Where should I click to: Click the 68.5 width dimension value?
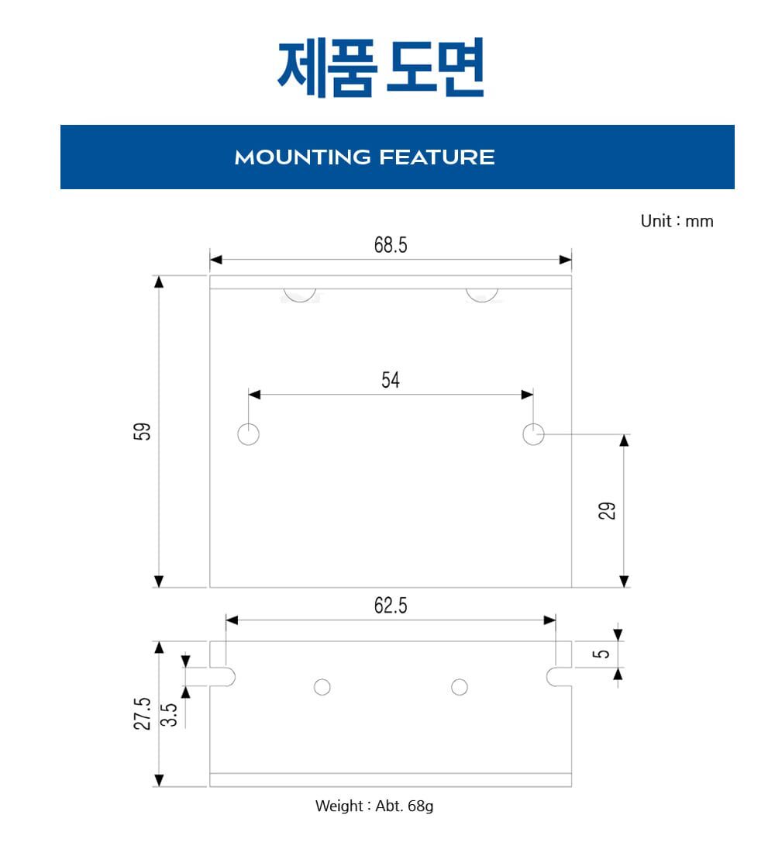pyautogui.click(x=391, y=245)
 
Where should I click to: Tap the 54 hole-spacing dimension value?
pyautogui.click(x=391, y=380)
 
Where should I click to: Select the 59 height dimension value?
pyautogui.click(x=142, y=431)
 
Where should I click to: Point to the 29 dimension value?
pyautogui.click(x=607, y=511)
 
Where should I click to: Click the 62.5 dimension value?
pyautogui.click(x=391, y=605)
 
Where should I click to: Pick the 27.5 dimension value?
pyautogui.click(x=142, y=713)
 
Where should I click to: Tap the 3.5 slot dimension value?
pyautogui.click(x=169, y=715)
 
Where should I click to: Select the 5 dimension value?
pyautogui.click(x=601, y=654)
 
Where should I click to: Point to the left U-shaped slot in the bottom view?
pyautogui.click(x=234, y=677)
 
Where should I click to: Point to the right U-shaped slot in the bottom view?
pyautogui.click(x=547, y=677)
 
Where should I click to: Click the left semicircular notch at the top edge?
pyautogui.click(x=300, y=301)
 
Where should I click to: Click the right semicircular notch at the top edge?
pyautogui.click(x=482, y=301)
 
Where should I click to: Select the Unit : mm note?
pyautogui.click(x=677, y=221)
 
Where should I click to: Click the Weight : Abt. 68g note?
pyautogui.click(x=374, y=806)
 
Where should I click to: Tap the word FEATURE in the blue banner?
pyautogui.click(x=437, y=157)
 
